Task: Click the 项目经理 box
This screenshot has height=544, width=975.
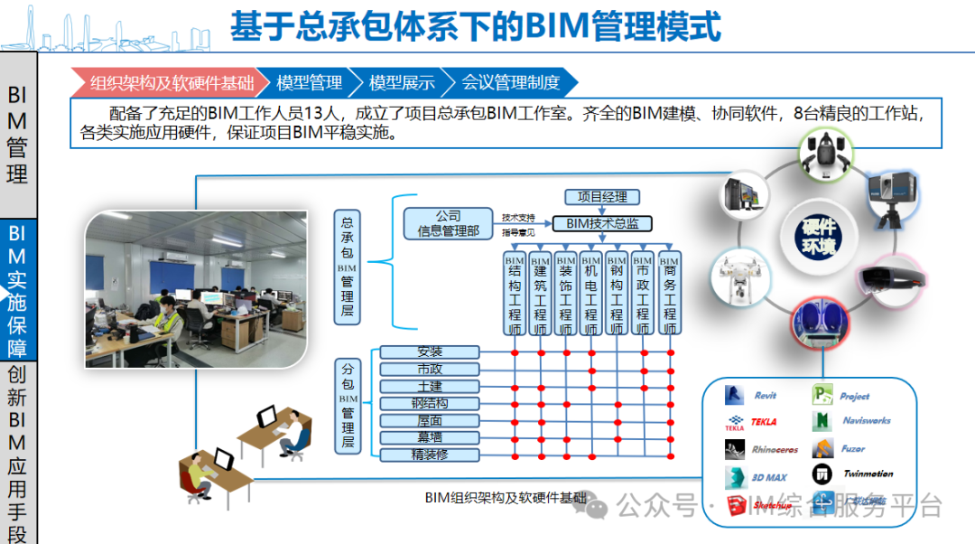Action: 602,197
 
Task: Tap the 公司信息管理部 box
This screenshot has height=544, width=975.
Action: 449,223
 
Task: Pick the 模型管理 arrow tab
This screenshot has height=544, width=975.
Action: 309,83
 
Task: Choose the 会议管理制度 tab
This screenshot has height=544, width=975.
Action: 510,83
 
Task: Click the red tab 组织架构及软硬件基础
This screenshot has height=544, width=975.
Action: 171,83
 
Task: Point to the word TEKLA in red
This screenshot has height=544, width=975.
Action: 763,421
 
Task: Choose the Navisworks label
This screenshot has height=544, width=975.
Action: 867,421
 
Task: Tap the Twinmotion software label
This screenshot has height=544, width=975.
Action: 868,474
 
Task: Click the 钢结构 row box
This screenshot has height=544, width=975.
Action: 430,404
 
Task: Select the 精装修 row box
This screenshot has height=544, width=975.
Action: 430,455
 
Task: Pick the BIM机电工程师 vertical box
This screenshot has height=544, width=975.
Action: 590,295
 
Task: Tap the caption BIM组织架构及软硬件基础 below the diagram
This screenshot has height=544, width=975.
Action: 505,498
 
